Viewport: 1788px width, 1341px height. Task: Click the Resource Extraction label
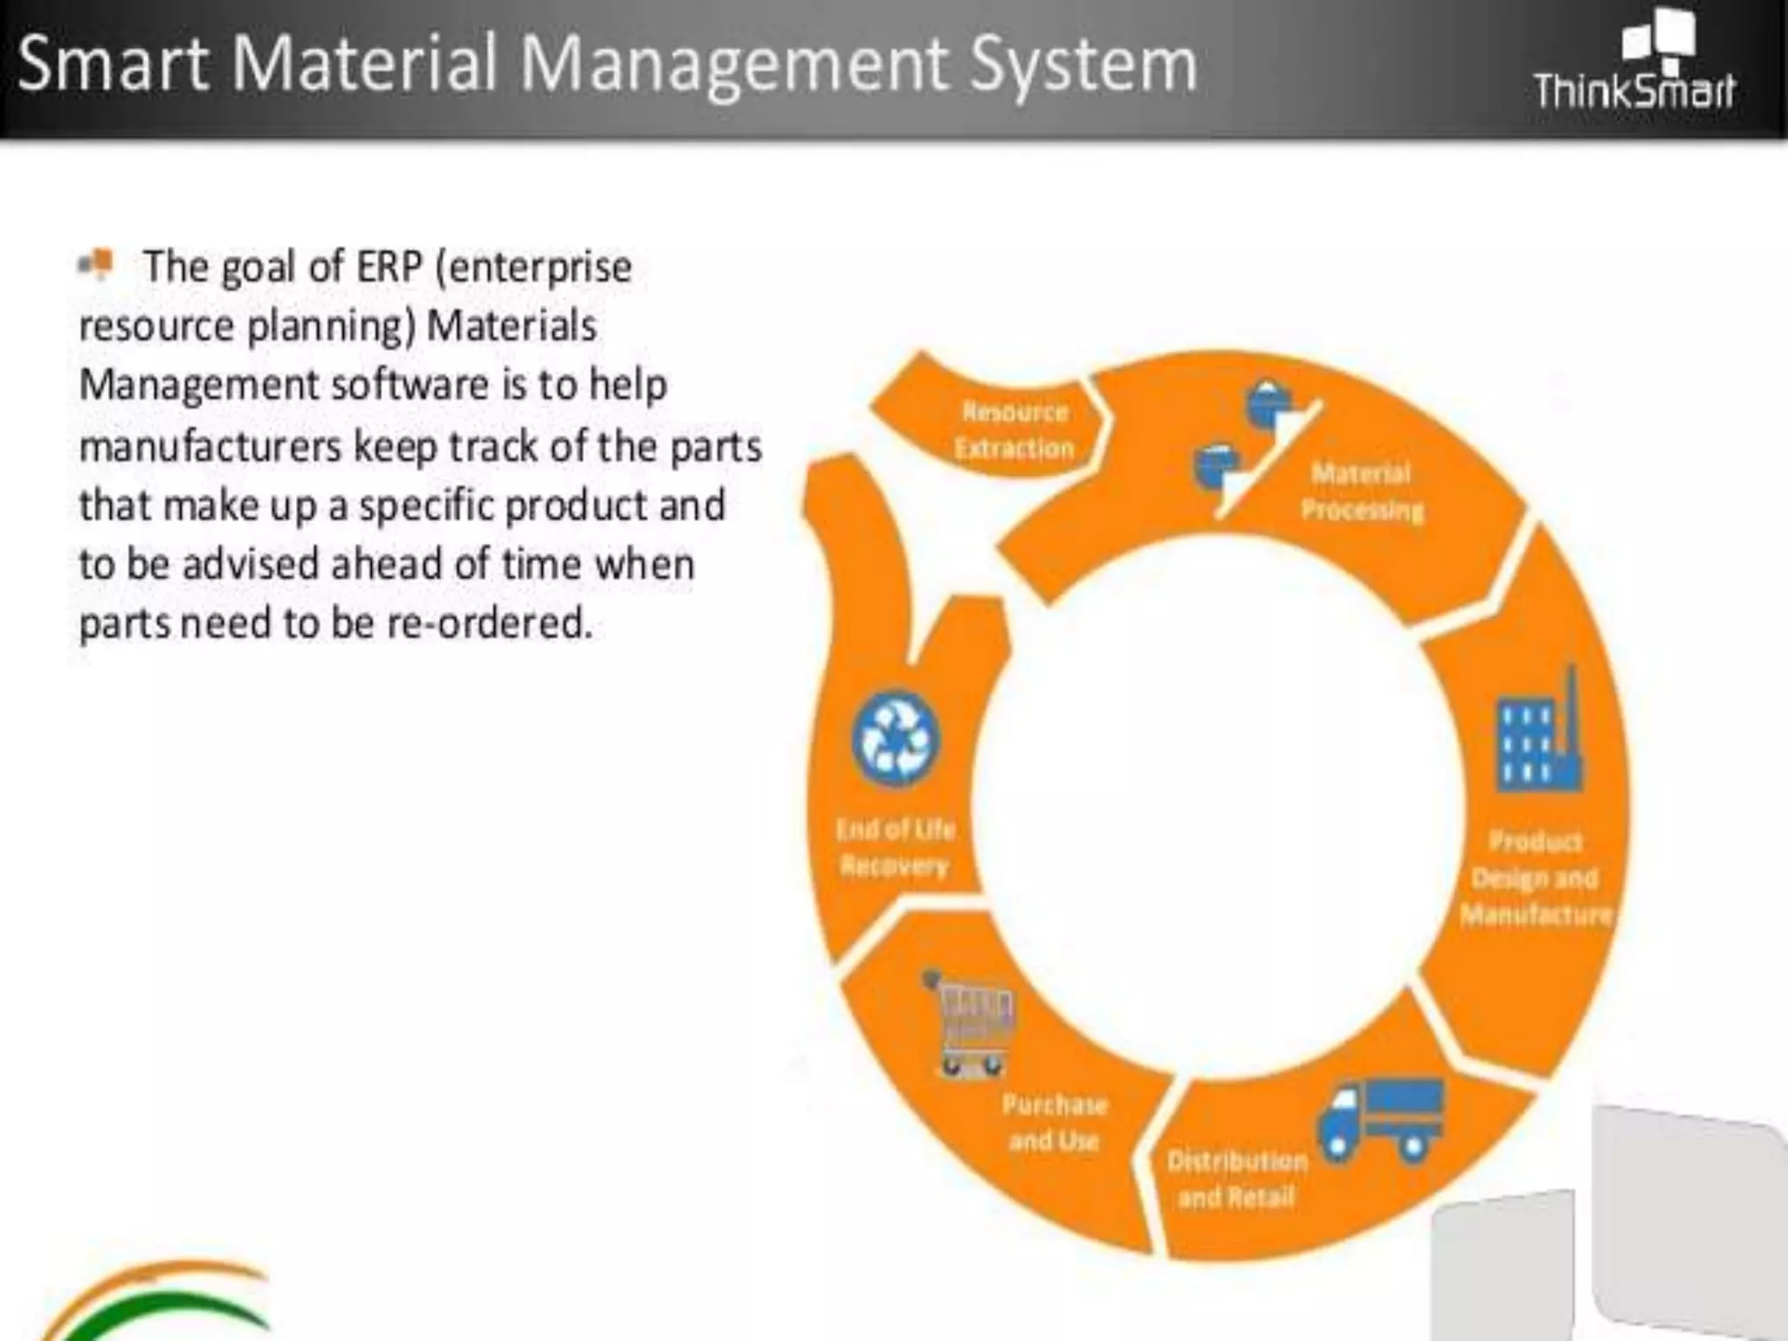pos(1014,430)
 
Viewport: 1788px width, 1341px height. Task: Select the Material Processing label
pos(1361,492)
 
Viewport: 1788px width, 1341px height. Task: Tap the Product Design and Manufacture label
pos(1536,877)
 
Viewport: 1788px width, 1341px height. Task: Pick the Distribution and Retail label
pos(1236,1179)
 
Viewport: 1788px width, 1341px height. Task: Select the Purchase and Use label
pos(1054,1123)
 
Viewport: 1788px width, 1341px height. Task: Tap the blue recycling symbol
pos(896,738)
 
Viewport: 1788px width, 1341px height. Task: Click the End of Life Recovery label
pos(895,847)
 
